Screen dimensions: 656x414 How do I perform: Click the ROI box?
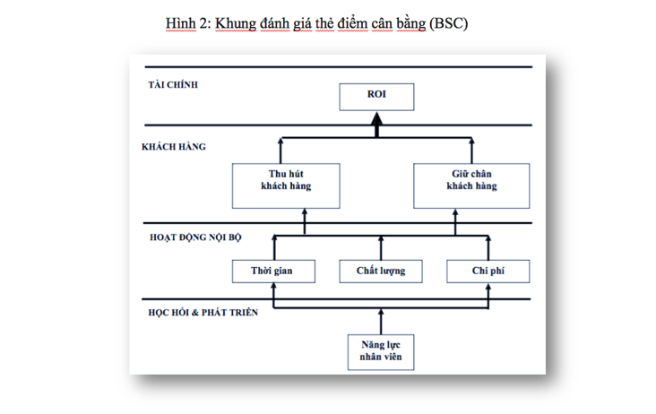pyautogui.click(x=376, y=97)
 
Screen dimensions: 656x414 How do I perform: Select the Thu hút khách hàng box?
pyautogui.click(x=286, y=185)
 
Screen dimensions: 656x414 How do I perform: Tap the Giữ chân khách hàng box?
pyautogui.click(x=471, y=185)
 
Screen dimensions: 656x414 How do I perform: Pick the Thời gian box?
pyautogui.click(x=273, y=272)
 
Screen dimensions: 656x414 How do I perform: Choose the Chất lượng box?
pyautogui.click(x=381, y=272)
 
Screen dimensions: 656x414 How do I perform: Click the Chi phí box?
pyautogui.click(x=488, y=272)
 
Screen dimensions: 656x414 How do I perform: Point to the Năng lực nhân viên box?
pyautogui.click(x=381, y=352)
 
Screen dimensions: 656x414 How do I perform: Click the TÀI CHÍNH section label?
pyautogui.click(x=173, y=85)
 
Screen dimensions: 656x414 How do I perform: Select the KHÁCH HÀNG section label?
pyautogui.click(x=174, y=147)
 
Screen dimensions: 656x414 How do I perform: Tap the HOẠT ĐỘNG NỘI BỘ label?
pyautogui.click(x=195, y=237)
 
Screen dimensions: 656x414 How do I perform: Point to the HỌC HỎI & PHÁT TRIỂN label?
pyautogui.click(x=203, y=313)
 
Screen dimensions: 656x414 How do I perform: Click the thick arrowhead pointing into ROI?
pyautogui.click(x=376, y=118)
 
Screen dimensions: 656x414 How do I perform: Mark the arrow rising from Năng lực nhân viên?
pyautogui.click(x=381, y=322)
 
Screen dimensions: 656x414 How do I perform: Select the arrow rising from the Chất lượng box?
pyautogui.click(x=381, y=248)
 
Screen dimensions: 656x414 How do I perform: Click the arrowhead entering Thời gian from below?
pyautogui.click(x=273, y=286)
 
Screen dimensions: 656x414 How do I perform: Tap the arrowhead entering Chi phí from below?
pyautogui.click(x=488, y=288)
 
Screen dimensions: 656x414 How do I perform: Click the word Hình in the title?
pyautogui.click(x=181, y=23)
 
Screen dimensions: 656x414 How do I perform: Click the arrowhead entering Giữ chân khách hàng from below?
pyautogui.click(x=455, y=212)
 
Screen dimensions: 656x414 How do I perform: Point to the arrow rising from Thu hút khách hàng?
pyautogui.click(x=281, y=151)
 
